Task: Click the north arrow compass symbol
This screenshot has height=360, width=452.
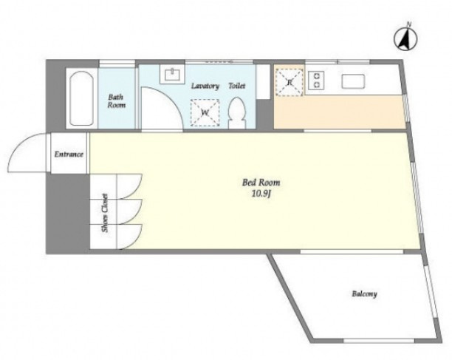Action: point(405,39)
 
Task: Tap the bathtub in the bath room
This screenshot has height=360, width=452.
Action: point(81,98)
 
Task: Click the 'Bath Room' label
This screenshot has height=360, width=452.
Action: point(116,101)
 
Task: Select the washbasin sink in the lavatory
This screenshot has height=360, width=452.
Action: point(173,75)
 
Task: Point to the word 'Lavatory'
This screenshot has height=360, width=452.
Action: point(205,86)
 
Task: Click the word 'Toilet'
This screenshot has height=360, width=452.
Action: point(237,86)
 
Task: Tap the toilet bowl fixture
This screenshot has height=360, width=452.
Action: point(237,113)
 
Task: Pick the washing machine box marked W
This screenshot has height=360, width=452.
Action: point(205,113)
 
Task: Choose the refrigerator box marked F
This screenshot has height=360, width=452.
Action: point(290,82)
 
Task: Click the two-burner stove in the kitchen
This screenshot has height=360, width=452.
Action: point(317,80)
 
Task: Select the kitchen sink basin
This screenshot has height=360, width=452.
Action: point(353,81)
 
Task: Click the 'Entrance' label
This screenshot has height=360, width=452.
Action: point(69,154)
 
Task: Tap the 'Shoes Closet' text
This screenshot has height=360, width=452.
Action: point(105,213)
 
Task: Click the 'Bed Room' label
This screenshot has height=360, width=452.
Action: point(261,183)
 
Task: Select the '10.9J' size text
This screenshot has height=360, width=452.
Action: point(261,194)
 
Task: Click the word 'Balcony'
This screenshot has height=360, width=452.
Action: point(364,294)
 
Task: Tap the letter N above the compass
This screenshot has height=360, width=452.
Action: point(408,24)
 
